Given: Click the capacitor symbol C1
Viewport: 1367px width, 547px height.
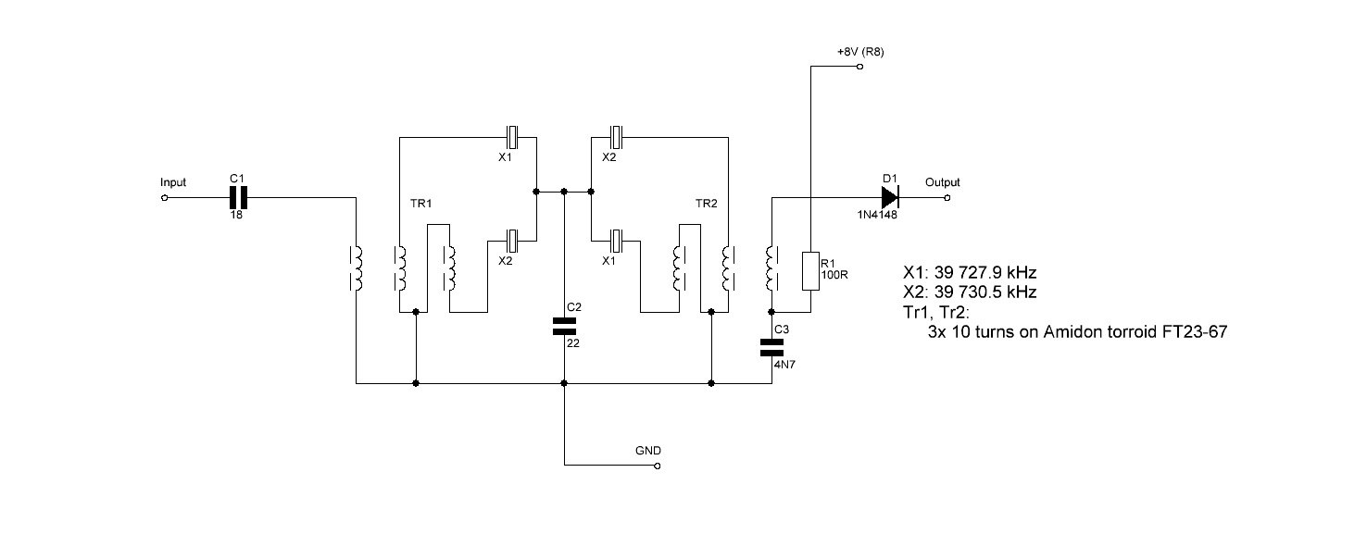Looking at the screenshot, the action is pyautogui.click(x=238, y=197).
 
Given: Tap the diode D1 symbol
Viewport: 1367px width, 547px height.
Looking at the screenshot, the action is pyautogui.click(x=890, y=197).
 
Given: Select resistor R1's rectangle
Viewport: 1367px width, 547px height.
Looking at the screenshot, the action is pyautogui.click(x=810, y=271).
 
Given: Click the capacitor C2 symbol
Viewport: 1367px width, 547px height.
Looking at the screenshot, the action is pyautogui.click(x=564, y=326).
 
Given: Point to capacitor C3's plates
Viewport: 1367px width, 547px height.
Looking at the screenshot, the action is pyautogui.click(x=771, y=348).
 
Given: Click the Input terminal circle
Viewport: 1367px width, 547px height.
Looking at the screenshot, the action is pyautogui.click(x=164, y=197).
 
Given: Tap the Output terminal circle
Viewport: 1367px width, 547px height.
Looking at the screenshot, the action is pyautogui.click(x=947, y=197).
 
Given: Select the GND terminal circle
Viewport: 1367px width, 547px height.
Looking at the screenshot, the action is pyautogui.click(x=658, y=466).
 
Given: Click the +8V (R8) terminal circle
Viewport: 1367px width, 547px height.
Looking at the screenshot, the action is pyautogui.click(x=859, y=66).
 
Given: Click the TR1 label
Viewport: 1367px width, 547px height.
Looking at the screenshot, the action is pyautogui.click(x=421, y=203).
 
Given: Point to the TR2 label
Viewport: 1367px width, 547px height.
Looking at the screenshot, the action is pyautogui.click(x=706, y=203).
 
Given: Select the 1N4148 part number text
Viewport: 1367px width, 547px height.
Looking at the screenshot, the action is pyautogui.click(x=877, y=215).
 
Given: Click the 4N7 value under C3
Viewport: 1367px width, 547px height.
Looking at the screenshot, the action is pyautogui.click(x=784, y=365).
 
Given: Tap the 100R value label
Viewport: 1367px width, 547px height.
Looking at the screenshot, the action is pyautogui.click(x=834, y=275).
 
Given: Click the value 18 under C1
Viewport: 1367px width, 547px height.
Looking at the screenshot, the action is pyautogui.click(x=236, y=216).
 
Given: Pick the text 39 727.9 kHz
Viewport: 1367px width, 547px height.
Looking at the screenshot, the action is pyautogui.click(x=985, y=272).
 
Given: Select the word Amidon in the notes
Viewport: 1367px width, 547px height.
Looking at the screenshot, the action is pyautogui.click(x=1071, y=331).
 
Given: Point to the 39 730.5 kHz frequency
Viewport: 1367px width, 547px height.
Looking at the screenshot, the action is pyautogui.click(x=985, y=292).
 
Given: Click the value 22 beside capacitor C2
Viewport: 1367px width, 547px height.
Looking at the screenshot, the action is pyautogui.click(x=573, y=343).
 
